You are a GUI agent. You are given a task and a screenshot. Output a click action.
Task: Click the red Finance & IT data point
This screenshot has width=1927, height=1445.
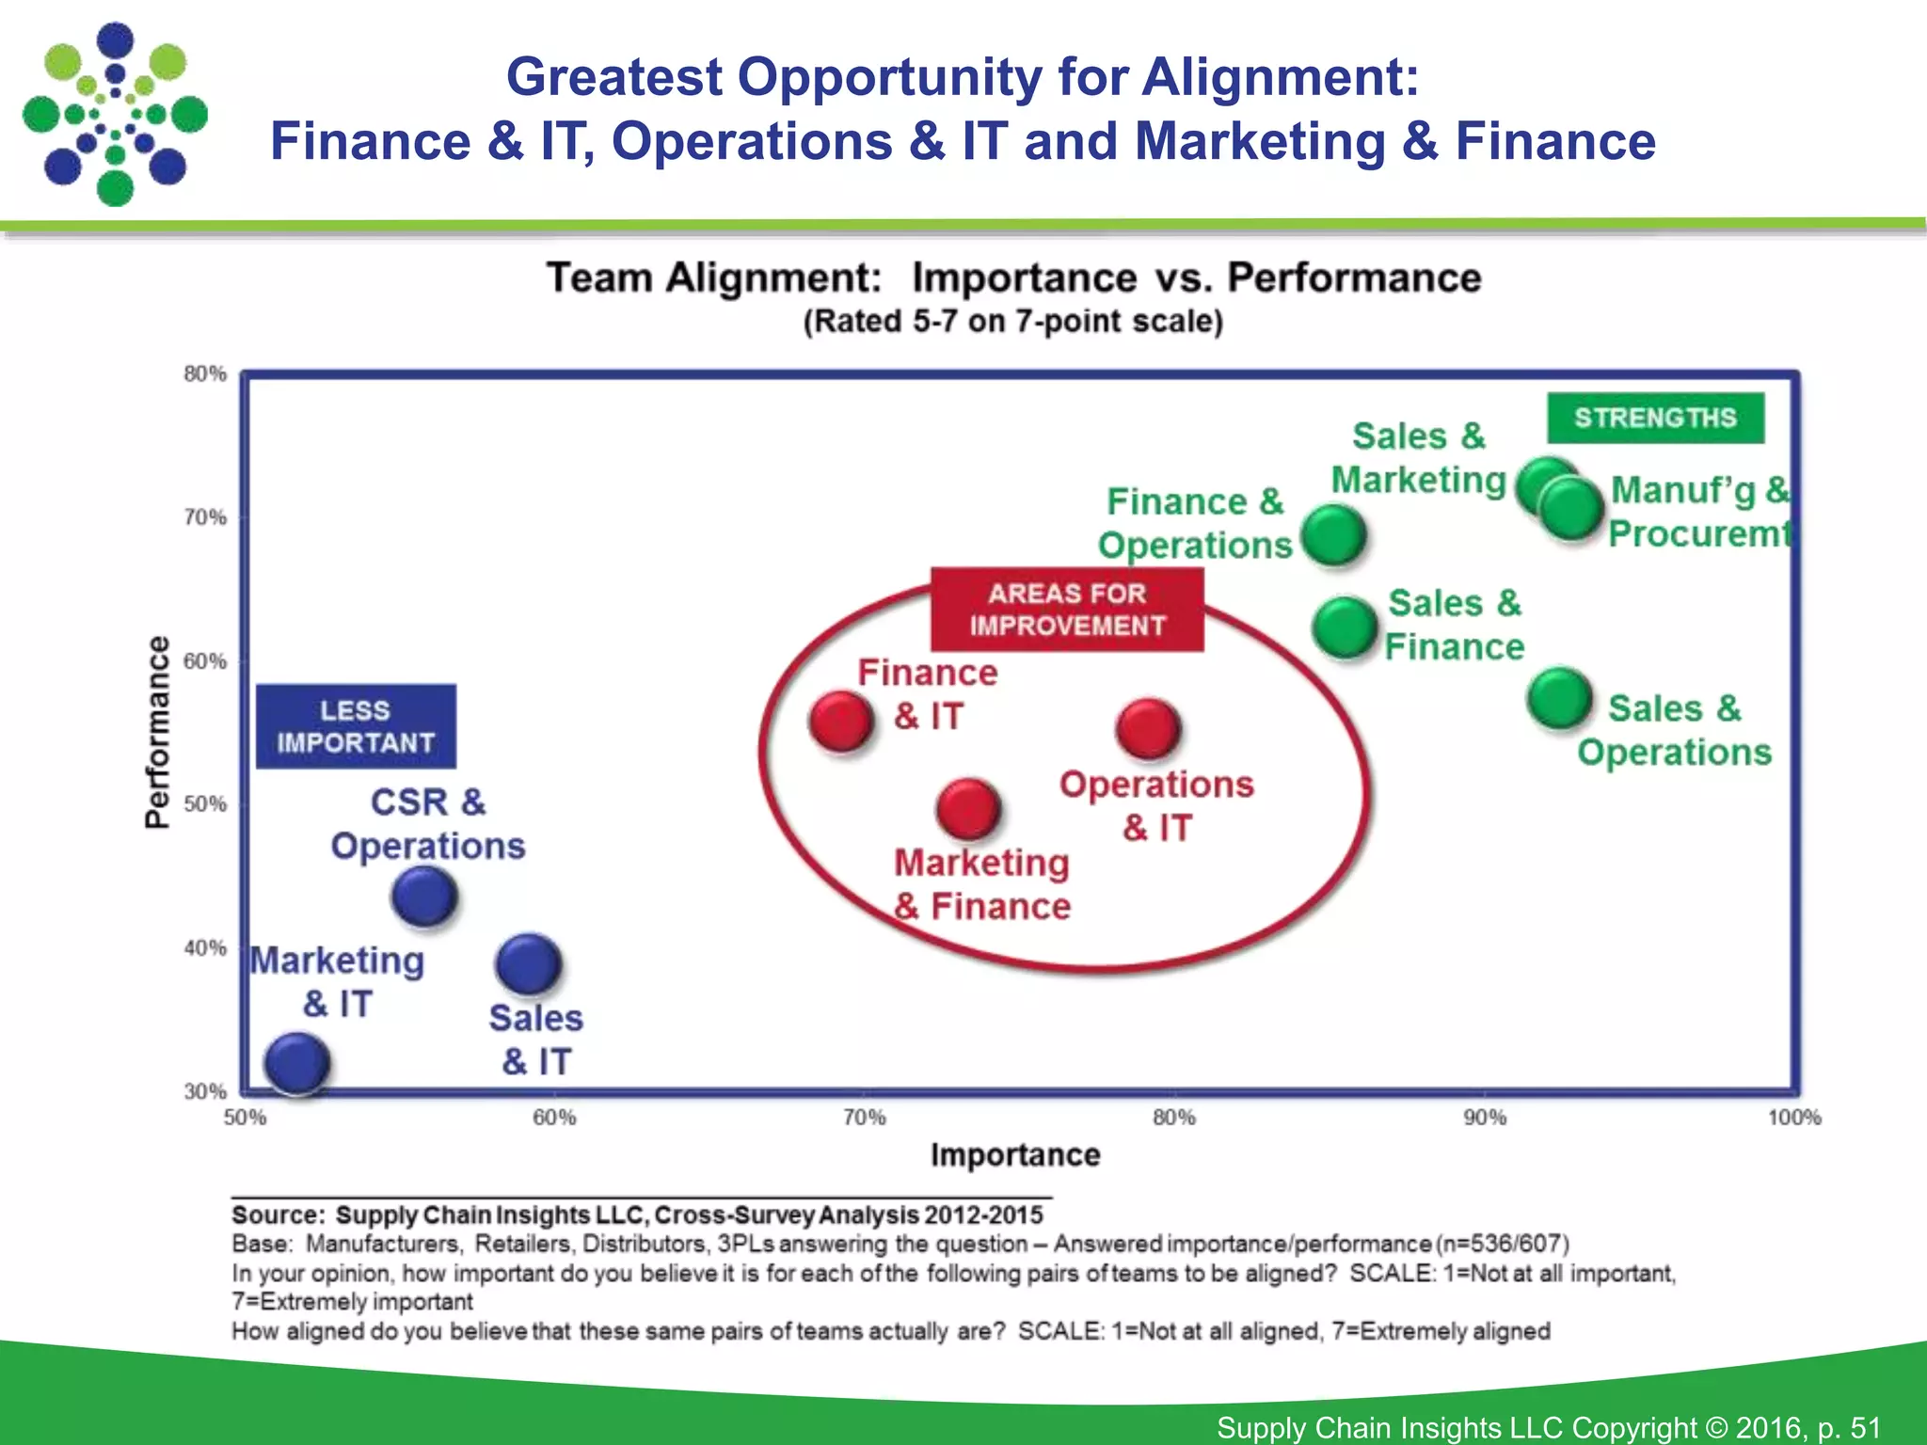(x=840, y=722)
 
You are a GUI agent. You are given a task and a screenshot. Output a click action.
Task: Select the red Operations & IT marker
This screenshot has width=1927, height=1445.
(x=1148, y=729)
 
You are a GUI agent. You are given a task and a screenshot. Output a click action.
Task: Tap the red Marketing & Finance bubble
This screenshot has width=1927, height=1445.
(x=968, y=808)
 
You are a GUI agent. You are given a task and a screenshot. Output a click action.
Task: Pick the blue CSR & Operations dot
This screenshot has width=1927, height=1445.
(x=424, y=896)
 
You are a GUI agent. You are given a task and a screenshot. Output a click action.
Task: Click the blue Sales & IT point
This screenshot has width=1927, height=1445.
(x=529, y=964)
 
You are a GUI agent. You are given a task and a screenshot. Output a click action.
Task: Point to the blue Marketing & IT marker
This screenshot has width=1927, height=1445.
(x=297, y=1063)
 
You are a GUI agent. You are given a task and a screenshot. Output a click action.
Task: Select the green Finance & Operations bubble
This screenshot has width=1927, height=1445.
(x=1334, y=535)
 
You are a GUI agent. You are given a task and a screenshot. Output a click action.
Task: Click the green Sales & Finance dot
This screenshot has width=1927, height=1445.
(x=1346, y=627)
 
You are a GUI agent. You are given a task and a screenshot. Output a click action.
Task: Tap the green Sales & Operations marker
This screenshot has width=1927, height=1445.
(x=1559, y=699)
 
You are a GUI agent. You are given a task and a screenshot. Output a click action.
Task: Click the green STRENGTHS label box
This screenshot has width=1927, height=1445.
(x=1655, y=418)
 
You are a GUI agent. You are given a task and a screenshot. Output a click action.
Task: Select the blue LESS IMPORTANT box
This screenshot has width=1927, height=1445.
(x=356, y=726)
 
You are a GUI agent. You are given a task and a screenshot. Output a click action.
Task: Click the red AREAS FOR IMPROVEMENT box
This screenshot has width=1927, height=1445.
(x=1067, y=610)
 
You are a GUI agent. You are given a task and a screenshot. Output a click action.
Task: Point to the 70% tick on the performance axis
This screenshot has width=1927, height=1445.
(x=205, y=517)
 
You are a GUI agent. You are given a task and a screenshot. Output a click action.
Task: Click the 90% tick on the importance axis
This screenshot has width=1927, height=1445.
(x=1485, y=1118)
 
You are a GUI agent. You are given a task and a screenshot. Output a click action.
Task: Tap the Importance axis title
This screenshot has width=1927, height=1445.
(x=1014, y=1155)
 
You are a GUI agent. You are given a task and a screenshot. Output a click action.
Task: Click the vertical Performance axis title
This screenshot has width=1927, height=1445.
(x=158, y=732)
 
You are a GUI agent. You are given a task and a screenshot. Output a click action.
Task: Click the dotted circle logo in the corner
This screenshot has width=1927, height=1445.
(x=115, y=114)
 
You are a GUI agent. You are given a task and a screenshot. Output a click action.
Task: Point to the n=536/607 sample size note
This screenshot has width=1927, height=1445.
(x=1503, y=1244)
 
